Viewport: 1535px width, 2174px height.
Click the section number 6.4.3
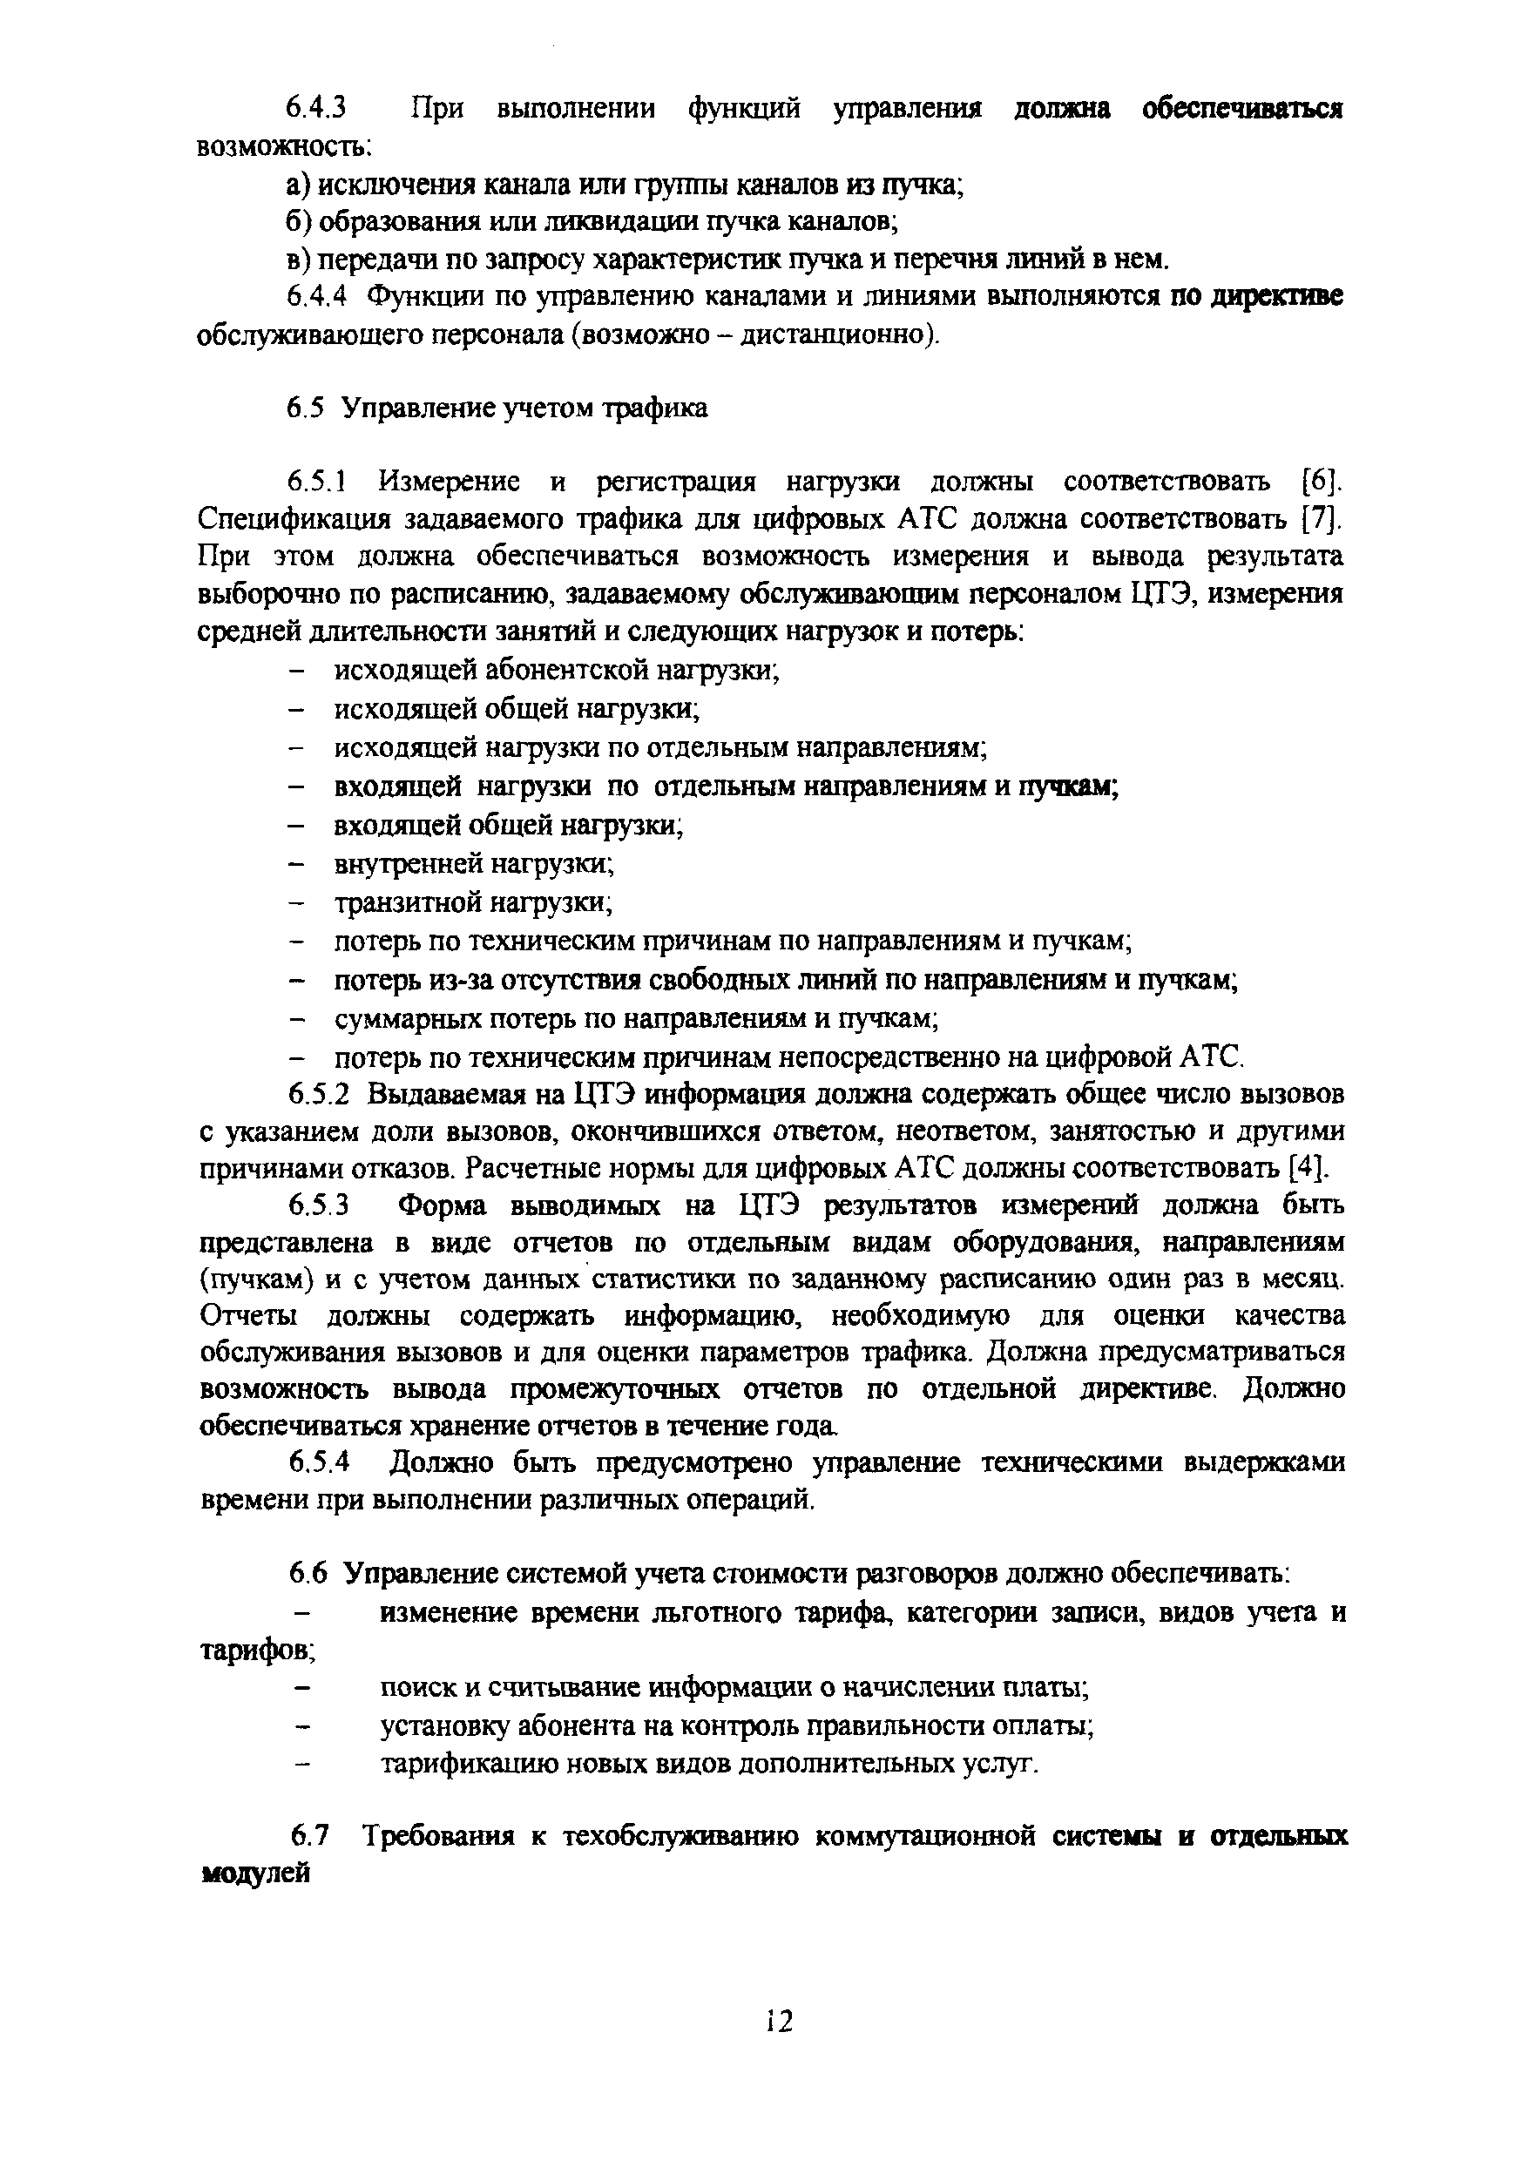[x=317, y=108]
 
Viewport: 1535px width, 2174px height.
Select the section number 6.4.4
[x=317, y=296]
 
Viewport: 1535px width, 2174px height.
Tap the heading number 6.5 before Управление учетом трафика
[x=306, y=408]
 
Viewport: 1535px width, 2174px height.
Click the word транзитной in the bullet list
[x=408, y=902]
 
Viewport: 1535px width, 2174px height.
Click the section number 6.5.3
[x=319, y=1205]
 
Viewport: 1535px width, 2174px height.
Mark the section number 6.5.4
[x=319, y=1463]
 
